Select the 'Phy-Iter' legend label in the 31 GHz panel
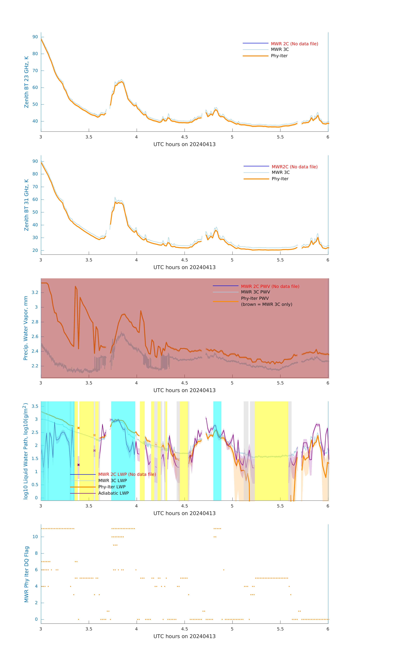pyautogui.click(x=280, y=179)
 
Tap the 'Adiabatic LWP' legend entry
pyautogui.click(x=113, y=493)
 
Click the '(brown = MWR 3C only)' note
pyautogui.click(x=266, y=304)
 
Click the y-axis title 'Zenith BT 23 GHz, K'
pyautogui.click(x=26, y=82)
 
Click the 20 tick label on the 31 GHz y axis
pyautogui.click(x=35, y=250)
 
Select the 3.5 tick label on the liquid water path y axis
pyautogui.click(x=35, y=406)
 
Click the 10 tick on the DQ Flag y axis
pyautogui.click(x=35, y=537)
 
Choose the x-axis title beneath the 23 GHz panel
pyautogui.click(x=184, y=144)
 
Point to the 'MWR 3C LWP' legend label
pyautogui.click(x=112, y=481)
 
